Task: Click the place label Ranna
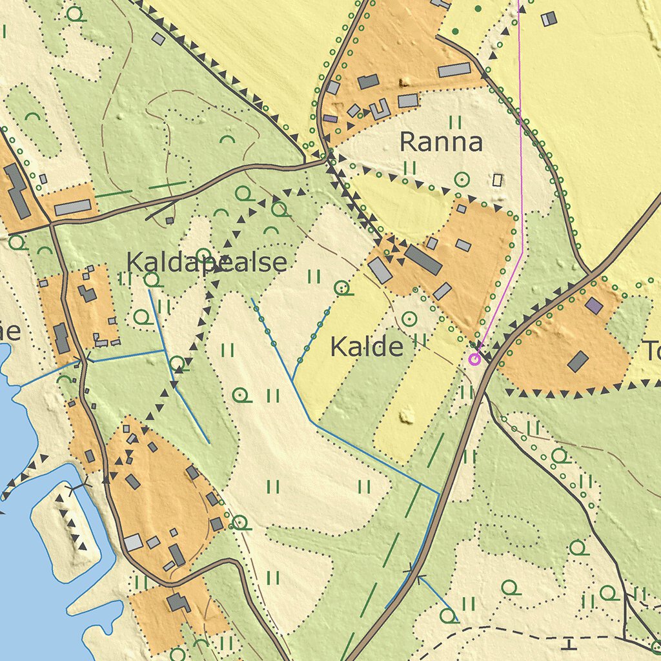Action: coord(441,142)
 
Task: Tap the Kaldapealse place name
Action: coord(207,263)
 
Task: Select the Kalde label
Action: coord(367,347)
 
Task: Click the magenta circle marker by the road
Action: coord(474,359)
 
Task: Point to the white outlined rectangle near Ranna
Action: coord(497,180)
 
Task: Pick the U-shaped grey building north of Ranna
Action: coord(380,109)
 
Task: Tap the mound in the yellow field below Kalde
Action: coord(407,415)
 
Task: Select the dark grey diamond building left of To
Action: coord(578,361)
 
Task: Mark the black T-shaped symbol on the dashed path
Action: coord(569,644)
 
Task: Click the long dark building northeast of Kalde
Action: coord(423,259)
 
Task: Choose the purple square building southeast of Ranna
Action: coord(594,305)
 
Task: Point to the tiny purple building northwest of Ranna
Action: coord(330,119)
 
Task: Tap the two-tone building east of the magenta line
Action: coord(549,19)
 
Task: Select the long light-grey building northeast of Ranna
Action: coord(454,70)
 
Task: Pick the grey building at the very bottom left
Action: coord(178,603)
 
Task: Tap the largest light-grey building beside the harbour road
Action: coord(134,542)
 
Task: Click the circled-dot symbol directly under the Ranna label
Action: coord(462,179)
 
